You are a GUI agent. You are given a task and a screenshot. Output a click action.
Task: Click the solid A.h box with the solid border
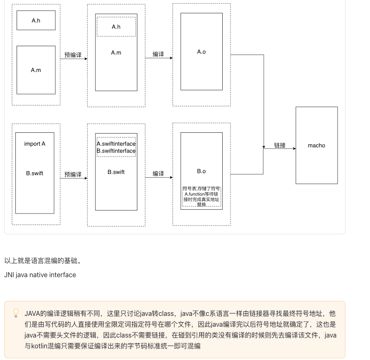point(36,20)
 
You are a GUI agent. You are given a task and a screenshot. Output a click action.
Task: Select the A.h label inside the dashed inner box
point(116,27)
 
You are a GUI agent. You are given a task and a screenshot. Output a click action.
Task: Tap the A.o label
point(201,52)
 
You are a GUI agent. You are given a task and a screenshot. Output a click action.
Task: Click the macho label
point(316,145)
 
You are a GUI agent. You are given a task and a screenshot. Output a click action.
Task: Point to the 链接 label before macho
point(280,145)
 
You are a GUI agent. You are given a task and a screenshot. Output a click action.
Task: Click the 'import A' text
point(35,144)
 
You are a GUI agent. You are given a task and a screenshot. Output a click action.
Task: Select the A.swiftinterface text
point(116,144)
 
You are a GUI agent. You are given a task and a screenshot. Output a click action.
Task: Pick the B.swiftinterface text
point(116,151)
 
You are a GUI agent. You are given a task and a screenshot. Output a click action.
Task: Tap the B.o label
point(201,171)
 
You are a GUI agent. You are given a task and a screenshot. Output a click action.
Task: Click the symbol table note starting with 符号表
point(201,196)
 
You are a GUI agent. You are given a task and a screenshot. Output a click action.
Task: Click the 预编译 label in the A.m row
point(73,55)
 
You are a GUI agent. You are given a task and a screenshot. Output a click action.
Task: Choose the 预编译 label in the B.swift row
point(73,174)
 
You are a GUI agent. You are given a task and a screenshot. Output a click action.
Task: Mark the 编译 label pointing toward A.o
point(158,54)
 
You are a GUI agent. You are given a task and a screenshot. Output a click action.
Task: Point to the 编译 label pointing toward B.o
point(158,174)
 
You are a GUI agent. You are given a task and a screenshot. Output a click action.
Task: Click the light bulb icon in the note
point(16,313)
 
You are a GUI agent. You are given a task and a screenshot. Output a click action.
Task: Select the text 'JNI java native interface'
point(40,275)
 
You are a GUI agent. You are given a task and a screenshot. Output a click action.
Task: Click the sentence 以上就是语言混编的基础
point(42,261)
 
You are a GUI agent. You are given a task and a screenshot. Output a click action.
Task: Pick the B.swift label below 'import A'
point(35,173)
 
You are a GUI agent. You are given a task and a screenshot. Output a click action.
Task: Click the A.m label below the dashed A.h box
point(116,52)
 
